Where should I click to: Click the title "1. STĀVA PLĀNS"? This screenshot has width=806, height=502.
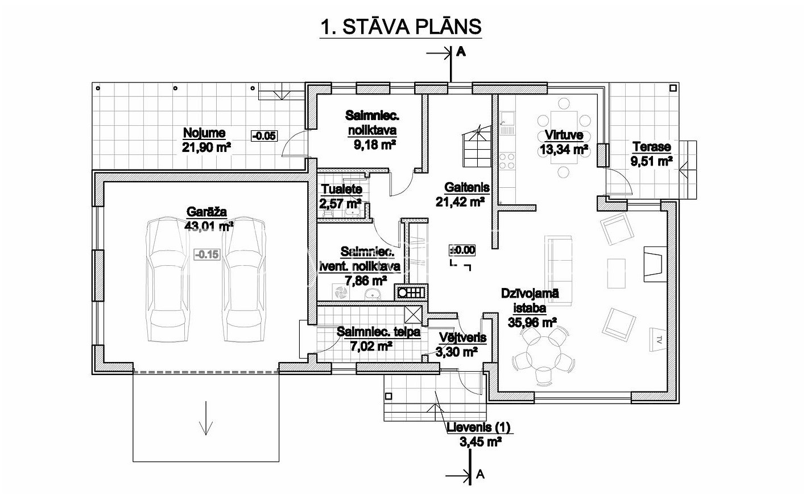tap(401, 27)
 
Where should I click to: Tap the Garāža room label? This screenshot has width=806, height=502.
tap(206, 212)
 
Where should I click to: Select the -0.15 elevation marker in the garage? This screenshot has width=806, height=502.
tap(207, 254)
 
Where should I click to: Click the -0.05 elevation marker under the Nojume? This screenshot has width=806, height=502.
tap(264, 136)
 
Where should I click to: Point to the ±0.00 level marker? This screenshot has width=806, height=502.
tap(462, 250)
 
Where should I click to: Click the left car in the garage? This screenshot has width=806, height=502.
tap(168, 279)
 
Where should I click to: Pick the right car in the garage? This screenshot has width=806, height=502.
tap(244, 279)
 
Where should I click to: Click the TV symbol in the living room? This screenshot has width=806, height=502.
tap(658, 340)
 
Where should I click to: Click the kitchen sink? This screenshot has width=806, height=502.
tap(507, 123)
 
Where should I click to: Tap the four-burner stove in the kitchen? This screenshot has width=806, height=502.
tap(507, 161)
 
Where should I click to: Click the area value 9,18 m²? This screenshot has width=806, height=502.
tap(375, 145)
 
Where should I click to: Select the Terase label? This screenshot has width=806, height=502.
tap(652, 147)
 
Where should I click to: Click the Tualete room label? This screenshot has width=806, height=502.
tap(341, 189)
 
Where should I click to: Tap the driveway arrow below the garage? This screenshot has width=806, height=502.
tap(206, 418)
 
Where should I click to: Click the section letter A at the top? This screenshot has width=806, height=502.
tap(461, 52)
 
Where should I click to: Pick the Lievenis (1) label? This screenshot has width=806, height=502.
tap(478, 427)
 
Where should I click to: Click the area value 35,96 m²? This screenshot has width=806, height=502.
tap(532, 322)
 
